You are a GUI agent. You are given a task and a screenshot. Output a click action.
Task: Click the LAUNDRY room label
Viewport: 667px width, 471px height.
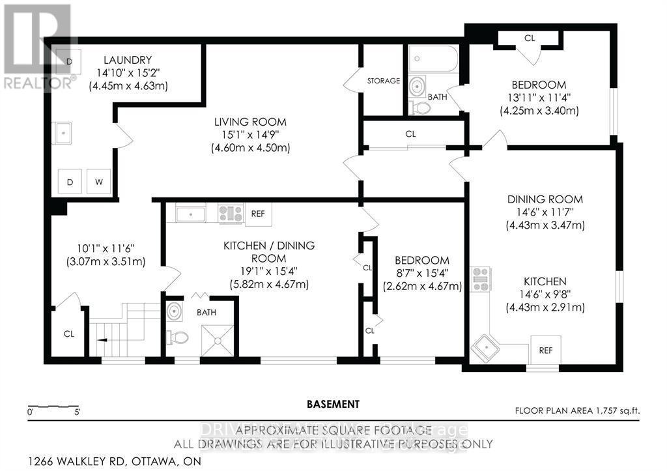click(x=128, y=60)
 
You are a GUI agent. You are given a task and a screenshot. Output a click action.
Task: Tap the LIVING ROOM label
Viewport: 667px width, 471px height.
click(x=250, y=122)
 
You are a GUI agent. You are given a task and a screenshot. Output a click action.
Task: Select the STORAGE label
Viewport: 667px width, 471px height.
click(x=383, y=81)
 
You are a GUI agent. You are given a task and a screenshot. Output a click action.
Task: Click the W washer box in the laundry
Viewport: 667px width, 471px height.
click(x=98, y=181)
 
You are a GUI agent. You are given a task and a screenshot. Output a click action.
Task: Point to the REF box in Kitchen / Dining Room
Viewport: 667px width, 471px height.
click(x=257, y=212)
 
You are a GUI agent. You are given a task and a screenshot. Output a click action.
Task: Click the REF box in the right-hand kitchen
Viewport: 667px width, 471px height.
click(x=545, y=350)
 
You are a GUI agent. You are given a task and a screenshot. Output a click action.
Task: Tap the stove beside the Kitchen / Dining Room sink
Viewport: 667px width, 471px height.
click(x=230, y=212)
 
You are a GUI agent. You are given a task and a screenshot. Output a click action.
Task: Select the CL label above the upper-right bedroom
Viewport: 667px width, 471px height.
click(x=529, y=38)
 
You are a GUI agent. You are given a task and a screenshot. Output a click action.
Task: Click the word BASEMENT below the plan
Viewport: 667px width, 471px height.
click(x=333, y=404)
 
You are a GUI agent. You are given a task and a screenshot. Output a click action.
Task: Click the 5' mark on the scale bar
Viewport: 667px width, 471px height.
click(x=77, y=412)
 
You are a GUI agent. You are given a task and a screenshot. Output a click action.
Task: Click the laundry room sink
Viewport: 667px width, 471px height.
click(x=64, y=134)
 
